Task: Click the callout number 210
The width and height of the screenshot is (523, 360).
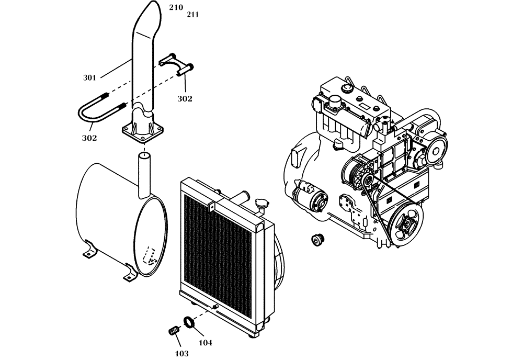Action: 176,7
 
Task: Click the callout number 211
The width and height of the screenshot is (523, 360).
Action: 192,15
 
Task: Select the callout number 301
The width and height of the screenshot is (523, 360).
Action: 89,78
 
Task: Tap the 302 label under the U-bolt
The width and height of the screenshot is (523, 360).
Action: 89,138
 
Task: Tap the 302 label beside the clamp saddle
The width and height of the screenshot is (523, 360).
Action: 184,98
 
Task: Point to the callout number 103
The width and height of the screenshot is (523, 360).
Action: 182,354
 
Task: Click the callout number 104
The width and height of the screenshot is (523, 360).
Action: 206,343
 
